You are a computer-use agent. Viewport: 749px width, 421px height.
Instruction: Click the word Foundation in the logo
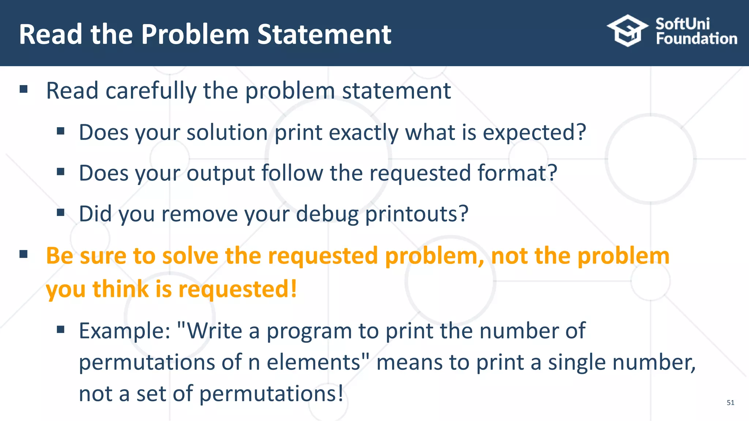[696, 39]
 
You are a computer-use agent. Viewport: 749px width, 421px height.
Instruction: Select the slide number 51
[730, 403]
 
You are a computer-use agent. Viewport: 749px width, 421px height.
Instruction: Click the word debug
[327, 215]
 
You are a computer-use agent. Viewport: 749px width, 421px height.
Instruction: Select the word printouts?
[417, 215]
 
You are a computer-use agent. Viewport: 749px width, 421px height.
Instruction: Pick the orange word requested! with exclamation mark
[238, 290]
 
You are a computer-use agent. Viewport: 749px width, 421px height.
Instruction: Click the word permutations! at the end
[271, 394]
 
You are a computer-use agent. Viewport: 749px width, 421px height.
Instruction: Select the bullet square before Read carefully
[24, 89]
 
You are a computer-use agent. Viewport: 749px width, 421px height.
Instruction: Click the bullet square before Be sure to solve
[24, 254]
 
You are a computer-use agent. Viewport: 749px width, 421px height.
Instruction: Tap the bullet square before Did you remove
[61, 212]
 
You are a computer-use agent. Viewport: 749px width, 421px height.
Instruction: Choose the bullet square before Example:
[61, 330]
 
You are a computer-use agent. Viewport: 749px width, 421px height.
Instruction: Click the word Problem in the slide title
[195, 34]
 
